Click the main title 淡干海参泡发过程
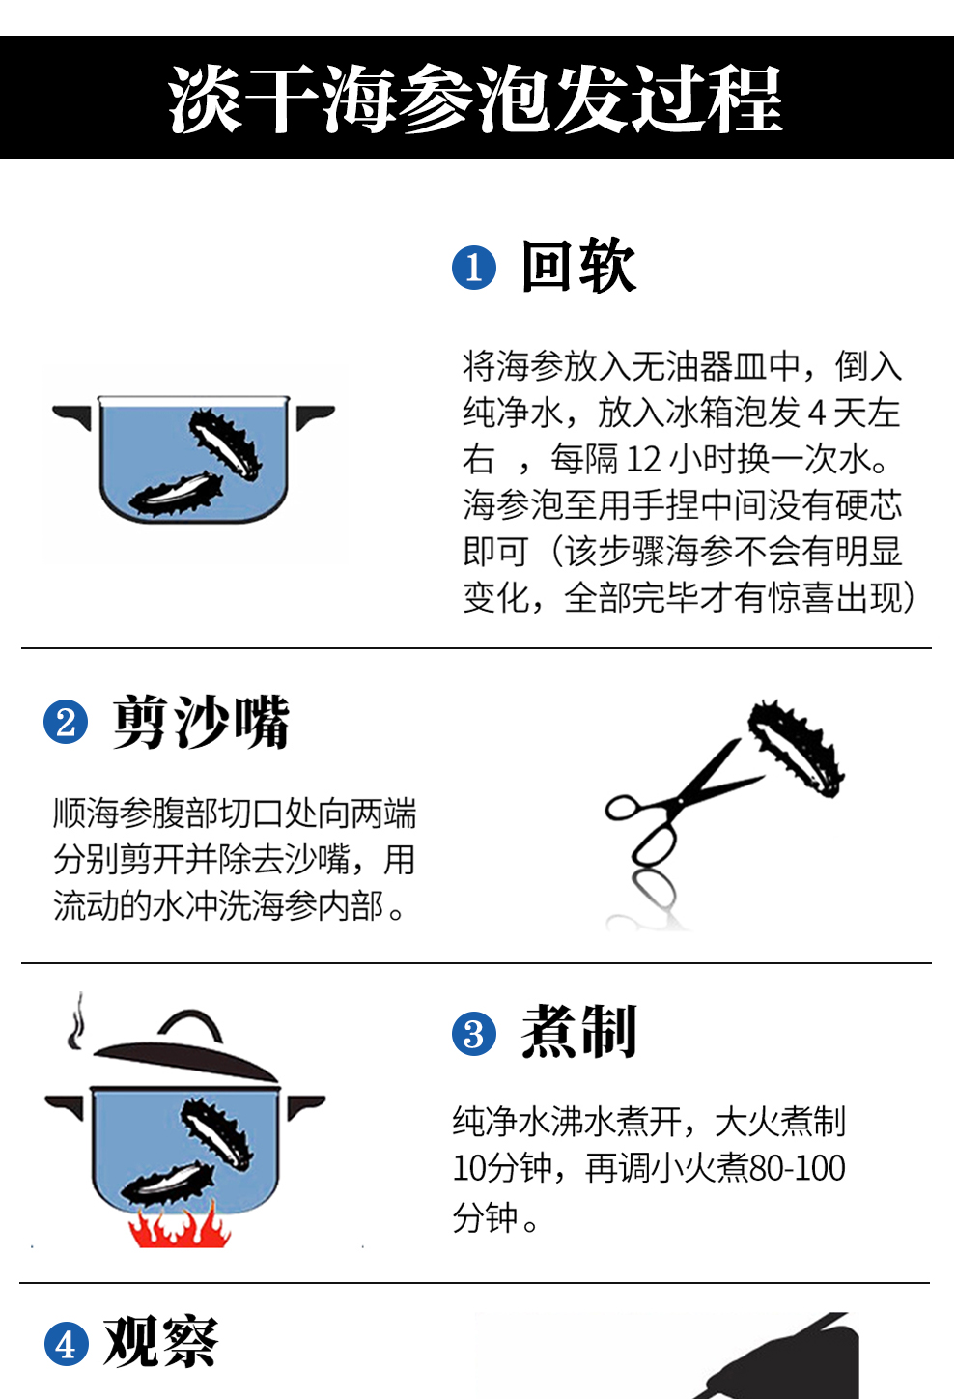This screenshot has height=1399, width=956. pyautogui.click(x=475, y=100)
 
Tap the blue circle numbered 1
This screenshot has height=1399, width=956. pyautogui.click(x=473, y=268)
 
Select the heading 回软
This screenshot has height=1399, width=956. pyautogui.click(x=578, y=267)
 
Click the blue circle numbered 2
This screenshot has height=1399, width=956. pyautogui.click(x=66, y=723)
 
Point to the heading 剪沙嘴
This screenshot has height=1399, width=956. pyautogui.click(x=201, y=722)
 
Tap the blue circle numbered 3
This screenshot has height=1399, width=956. pyautogui.click(x=473, y=1035)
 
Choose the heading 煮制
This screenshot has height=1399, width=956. pyautogui.click(x=578, y=1033)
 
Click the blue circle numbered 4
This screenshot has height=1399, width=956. pyautogui.click(x=66, y=1344)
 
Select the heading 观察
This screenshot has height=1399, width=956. pyautogui.click(x=161, y=1342)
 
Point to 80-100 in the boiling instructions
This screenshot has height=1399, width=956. pyautogui.click(x=797, y=1169)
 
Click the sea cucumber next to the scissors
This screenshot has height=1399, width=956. pyautogui.click(x=796, y=749)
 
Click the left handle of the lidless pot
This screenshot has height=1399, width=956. pyautogui.click(x=72, y=416)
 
